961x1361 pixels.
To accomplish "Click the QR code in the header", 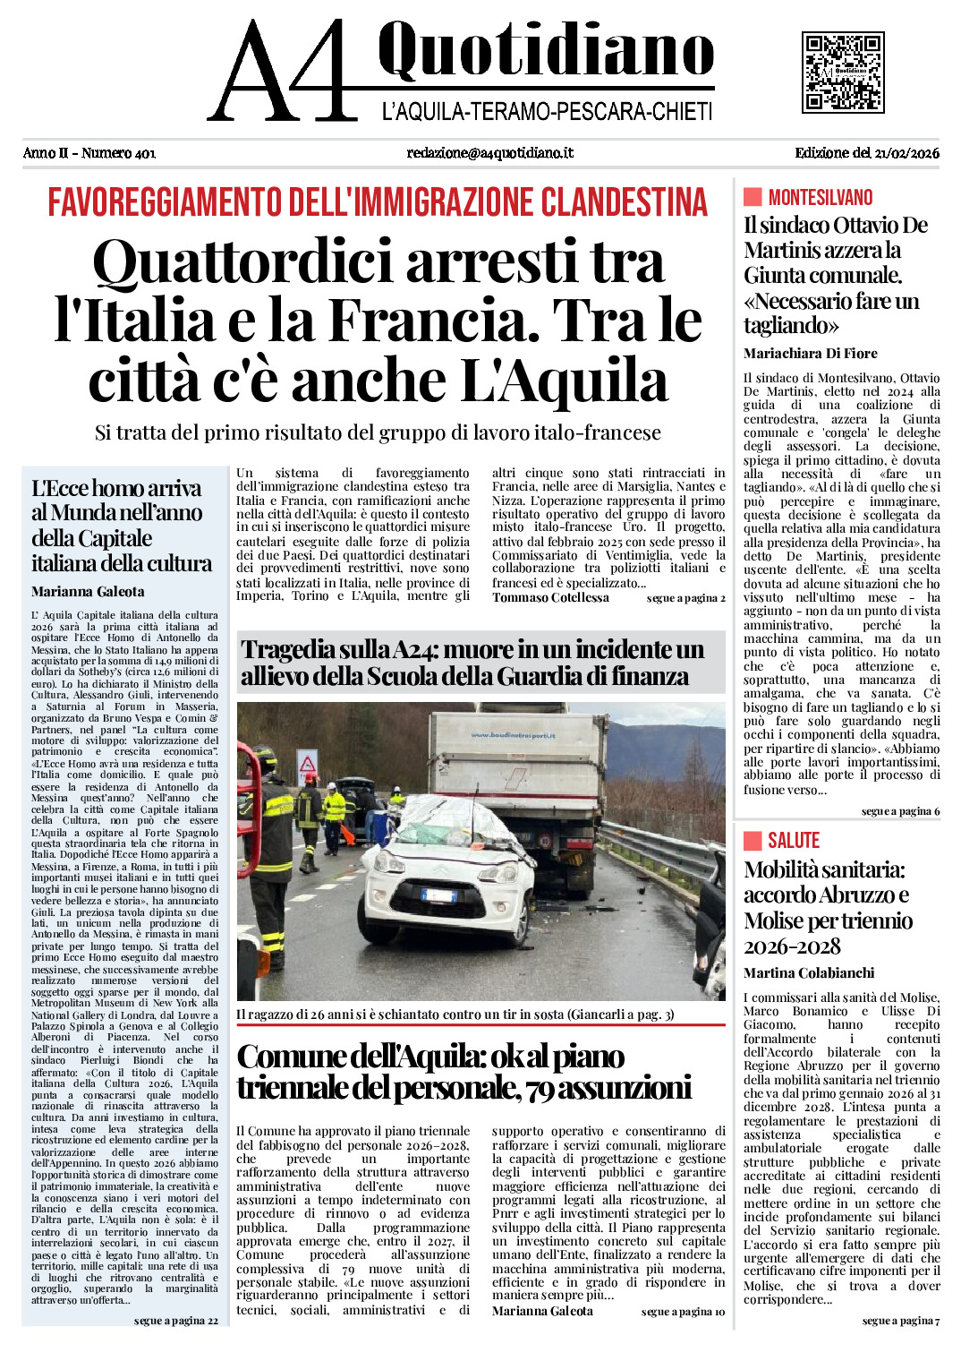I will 842,73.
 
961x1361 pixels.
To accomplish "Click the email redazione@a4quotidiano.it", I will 489,153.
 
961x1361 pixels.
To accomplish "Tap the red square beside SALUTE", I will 753,840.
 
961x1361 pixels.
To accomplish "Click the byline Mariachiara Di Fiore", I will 810,354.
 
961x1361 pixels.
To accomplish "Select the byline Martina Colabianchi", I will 808,973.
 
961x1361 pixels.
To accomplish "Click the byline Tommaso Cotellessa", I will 550,598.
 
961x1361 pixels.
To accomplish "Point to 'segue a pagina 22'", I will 175,1321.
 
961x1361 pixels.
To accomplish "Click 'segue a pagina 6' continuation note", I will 900,811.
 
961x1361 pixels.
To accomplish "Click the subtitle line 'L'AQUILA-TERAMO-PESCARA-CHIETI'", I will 547,112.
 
